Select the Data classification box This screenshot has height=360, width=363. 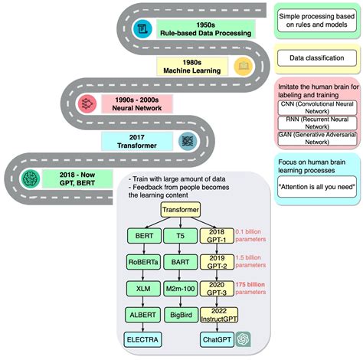coord(316,58)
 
